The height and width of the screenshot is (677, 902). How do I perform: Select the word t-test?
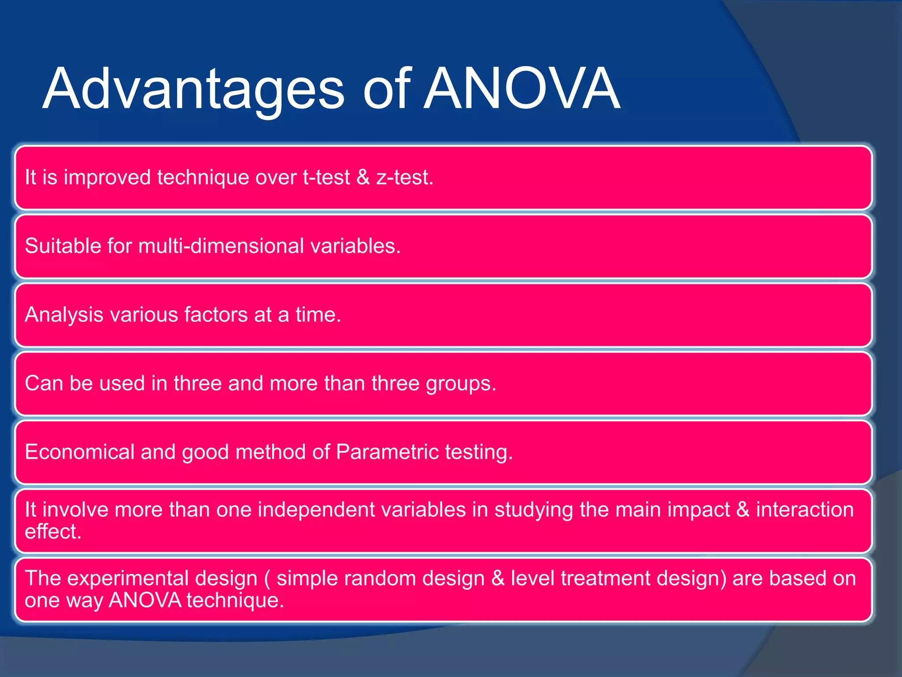pos(326,178)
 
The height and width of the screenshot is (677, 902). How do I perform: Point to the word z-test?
pos(404,178)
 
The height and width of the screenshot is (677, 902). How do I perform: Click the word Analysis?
pos(64,315)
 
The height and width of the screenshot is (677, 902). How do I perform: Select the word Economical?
pos(79,452)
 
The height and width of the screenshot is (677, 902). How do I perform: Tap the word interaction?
pos(805,510)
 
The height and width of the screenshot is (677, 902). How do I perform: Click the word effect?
pos(53,532)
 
